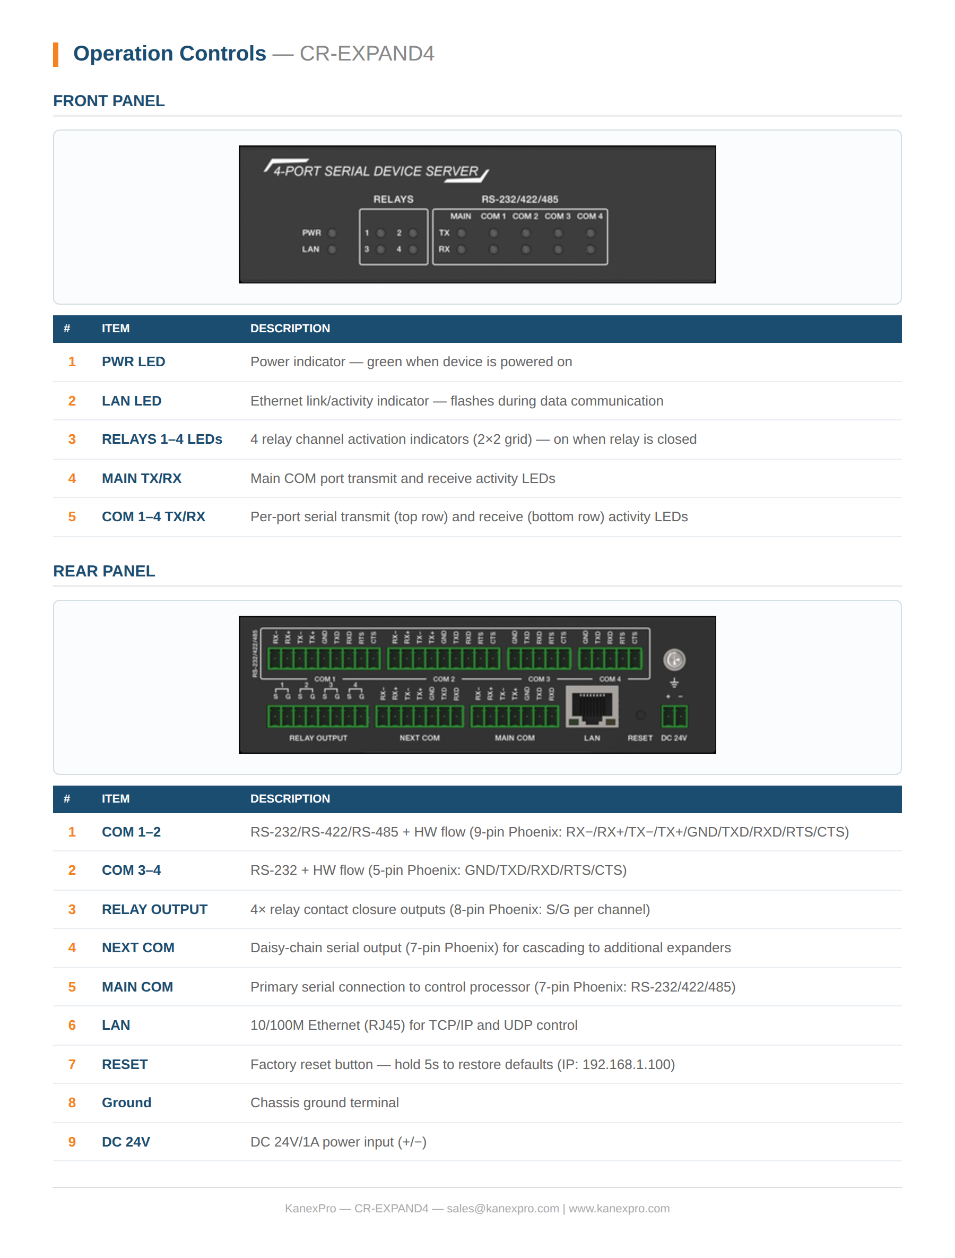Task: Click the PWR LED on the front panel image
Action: click(333, 233)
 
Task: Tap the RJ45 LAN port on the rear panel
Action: click(592, 708)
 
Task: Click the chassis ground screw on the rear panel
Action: click(674, 660)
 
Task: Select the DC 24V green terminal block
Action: click(674, 716)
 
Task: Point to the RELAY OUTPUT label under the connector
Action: click(318, 738)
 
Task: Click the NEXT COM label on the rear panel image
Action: click(420, 738)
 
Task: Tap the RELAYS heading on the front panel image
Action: click(393, 199)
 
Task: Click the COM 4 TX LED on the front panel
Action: click(591, 233)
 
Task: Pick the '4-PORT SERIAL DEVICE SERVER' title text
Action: click(376, 171)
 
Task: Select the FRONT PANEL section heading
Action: click(109, 101)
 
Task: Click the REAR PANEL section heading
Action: click(103, 571)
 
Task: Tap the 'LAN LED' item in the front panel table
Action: click(132, 401)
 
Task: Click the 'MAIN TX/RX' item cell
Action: click(142, 478)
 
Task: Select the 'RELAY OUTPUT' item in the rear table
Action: click(154, 909)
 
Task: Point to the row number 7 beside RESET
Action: click(72, 1064)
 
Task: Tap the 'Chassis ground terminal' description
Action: click(324, 1103)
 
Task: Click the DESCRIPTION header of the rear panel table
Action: click(290, 798)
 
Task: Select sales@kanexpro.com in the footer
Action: click(502, 1209)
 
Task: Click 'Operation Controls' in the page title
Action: click(169, 54)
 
